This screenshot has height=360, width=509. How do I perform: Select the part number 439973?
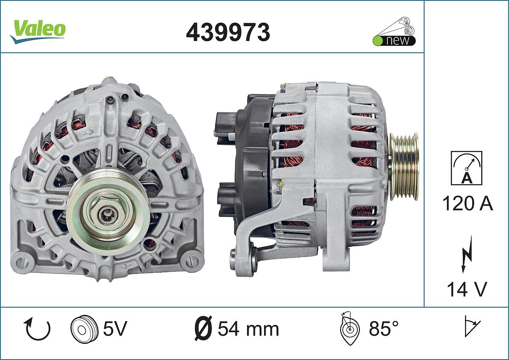[228, 32]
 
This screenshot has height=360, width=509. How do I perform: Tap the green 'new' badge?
[394, 32]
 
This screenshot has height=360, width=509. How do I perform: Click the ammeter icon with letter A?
[466, 168]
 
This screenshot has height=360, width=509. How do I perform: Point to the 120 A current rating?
[468, 204]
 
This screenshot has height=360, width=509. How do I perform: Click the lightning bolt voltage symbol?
[467, 254]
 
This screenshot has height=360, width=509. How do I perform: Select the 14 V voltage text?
[467, 289]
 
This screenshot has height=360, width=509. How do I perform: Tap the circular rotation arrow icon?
[37, 329]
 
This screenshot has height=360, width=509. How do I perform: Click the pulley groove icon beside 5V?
[84, 328]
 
